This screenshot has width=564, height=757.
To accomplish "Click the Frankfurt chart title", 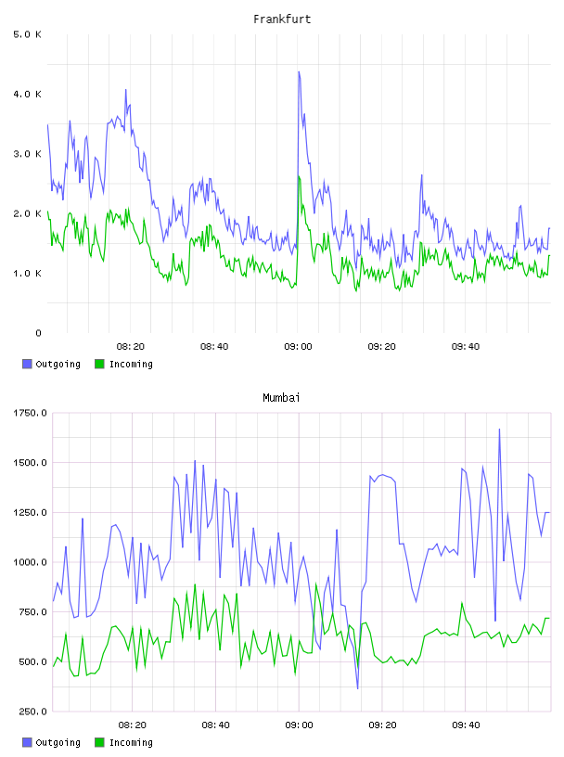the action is pos(282,19).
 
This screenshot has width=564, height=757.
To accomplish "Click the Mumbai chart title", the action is pos(281,398).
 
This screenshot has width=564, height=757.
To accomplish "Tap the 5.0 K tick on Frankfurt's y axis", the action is pos(27,34).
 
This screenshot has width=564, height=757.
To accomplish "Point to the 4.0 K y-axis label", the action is pos(27,94).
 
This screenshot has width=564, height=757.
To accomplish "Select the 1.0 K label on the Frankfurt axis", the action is pos(27,274).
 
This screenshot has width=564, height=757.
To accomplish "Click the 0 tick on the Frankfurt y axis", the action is pos(38,333).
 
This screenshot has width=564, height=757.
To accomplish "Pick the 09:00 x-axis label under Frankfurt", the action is pos(298,347).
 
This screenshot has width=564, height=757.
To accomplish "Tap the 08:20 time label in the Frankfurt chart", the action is pos(131,347).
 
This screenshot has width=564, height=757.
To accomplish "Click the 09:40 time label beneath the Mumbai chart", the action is pos(466,725).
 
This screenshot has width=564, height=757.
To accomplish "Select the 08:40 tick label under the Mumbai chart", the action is pos(215,725).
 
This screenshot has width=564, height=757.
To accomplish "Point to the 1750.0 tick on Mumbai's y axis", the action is pos(30,413).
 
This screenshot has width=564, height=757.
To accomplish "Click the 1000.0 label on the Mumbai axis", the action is pos(30,562).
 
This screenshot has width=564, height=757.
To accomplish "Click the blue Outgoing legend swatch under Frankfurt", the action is pos(27,364).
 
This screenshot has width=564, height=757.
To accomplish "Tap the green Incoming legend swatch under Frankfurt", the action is pos(99,364).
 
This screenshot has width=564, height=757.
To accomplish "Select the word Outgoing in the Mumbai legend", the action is pos(58,742).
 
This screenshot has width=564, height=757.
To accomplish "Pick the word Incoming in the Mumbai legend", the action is pos(131,742).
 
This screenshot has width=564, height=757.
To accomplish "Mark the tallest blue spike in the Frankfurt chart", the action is pos(299,72).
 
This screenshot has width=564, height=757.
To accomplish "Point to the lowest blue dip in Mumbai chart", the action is pos(358,688).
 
